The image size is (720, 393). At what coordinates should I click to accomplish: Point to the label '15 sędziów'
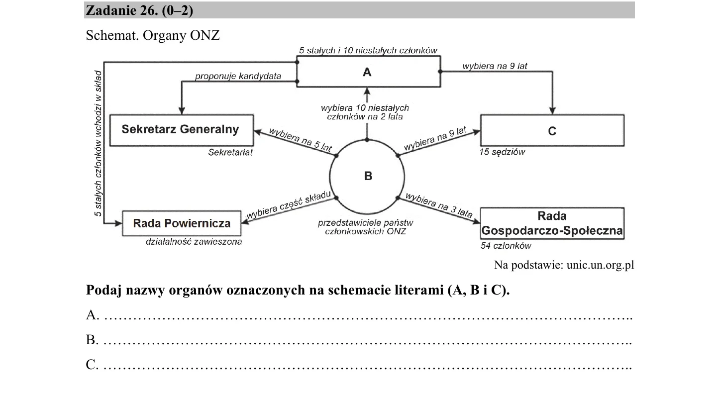[x=502, y=152]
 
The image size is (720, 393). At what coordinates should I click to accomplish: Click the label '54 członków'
[x=506, y=246]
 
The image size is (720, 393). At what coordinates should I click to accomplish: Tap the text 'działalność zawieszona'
[x=194, y=242]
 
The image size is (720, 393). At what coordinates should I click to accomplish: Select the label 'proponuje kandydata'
[x=238, y=76]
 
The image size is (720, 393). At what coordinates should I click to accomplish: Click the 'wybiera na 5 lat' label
[x=300, y=140]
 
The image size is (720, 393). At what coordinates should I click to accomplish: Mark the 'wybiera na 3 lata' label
[x=439, y=205]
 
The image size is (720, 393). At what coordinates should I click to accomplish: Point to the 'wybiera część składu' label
[x=289, y=204]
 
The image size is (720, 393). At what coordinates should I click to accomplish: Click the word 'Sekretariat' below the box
[x=230, y=152]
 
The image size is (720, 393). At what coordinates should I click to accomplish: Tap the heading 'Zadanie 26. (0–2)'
[x=139, y=10]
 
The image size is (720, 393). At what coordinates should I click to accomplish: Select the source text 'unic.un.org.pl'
[x=600, y=265]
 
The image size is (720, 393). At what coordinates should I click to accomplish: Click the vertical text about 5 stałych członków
[x=98, y=143]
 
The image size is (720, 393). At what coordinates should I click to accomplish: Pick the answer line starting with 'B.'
[x=359, y=340]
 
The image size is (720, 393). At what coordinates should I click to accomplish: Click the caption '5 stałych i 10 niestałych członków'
[x=368, y=50]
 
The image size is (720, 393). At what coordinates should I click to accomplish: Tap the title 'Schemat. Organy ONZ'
[x=153, y=35]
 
